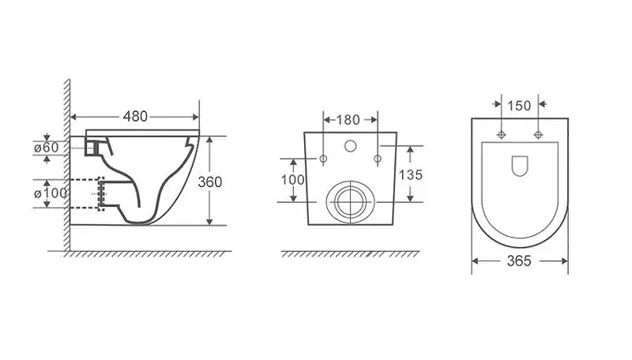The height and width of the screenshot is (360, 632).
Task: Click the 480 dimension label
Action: click(x=135, y=116)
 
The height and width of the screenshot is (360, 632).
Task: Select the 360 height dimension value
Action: click(x=210, y=182)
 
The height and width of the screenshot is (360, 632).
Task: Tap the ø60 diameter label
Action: click(x=47, y=148)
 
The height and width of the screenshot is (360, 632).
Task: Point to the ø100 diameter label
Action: click(x=51, y=193)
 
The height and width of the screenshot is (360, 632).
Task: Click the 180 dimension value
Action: click(x=348, y=119)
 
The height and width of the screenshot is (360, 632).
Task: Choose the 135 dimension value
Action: click(x=411, y=174)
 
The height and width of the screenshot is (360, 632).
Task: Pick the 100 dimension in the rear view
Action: click(x=293, y=179)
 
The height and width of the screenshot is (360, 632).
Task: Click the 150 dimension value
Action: click(x=519, y=106)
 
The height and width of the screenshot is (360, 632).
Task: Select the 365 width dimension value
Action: click(x=519, y=261)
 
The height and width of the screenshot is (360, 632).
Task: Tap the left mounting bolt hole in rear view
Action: click(x=323, y=159)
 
